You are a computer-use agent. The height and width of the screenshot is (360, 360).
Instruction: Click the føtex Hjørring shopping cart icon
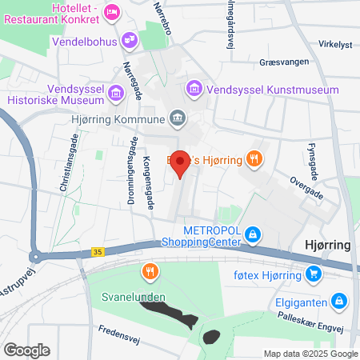click(x=314, y=275)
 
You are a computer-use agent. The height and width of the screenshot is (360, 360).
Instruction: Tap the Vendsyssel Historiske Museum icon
click(x=117, y=94)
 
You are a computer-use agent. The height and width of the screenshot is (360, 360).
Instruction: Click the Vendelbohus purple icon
click(x=128, y=40)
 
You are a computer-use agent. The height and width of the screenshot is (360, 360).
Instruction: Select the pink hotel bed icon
click(x=112, y=11)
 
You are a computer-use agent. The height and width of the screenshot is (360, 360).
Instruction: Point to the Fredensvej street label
click(x=97, y=330)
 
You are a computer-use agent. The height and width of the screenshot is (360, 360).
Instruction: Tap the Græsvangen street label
click(x=284, y=62)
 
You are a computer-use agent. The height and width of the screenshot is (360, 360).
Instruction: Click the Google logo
click(x=26, y=350)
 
